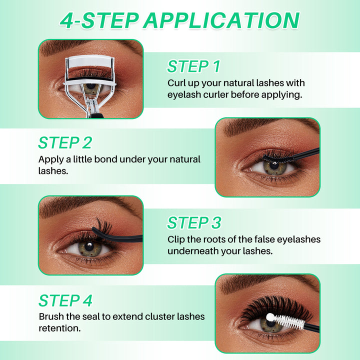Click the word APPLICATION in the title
point(221,20)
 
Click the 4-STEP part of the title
point(99,20)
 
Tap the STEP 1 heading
point(193,66)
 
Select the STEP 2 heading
point(65,142)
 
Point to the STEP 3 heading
point(193,222)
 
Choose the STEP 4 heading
point(65,300)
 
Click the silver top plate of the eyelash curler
point(90,65)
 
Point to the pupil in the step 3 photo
point(88,246)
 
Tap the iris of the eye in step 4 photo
point(270,325)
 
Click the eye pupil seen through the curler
point(90,87)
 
